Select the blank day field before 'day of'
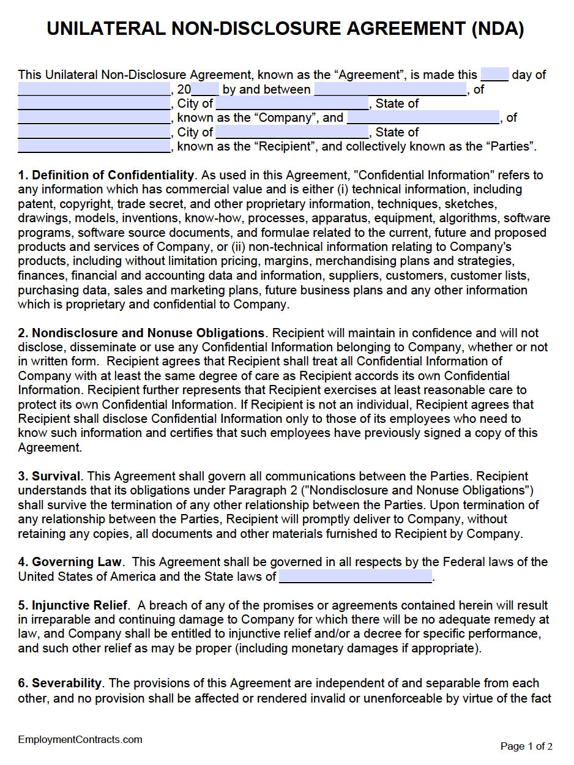pos(494,75)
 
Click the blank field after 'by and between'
pos(390,89)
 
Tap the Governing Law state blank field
pos(355,576)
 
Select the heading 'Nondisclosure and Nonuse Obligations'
pos(147,333)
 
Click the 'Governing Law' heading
pos(76,562)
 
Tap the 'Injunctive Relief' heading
pos(80,605)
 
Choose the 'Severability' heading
pos(67,683)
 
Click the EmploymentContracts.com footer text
pos(80,739)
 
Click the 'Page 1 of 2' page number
pos(526,746)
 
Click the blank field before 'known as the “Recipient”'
pos(94,147)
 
